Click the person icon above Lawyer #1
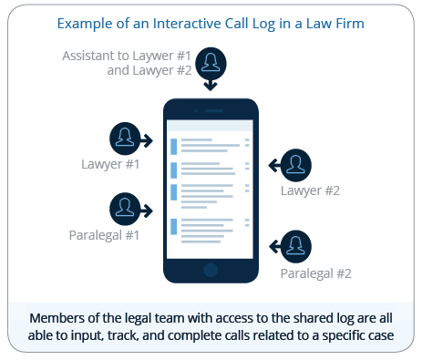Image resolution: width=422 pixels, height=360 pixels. click(x=126, y=139)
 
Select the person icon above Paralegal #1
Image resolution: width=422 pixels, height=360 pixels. click(x=126, y=208)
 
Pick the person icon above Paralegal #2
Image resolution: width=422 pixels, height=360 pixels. click(x=296, y=245)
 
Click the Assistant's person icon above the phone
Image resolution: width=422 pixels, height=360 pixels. click(x=211, y=63)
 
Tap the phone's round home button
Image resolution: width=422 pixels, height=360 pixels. click(x=211, y=270)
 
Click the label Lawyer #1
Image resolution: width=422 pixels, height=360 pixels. click(x=108, y=165)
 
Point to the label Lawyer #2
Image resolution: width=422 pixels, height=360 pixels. click(x=310, y=191)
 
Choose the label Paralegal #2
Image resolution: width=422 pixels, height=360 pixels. click(x=315, y=272)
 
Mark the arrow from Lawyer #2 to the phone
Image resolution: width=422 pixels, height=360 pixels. click(x=273, y=165)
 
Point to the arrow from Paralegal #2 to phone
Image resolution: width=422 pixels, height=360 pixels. click(x=273, y=245)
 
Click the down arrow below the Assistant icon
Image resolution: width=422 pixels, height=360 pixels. click(x=211, y=85)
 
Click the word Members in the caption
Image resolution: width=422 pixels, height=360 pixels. click(x=57, y=319)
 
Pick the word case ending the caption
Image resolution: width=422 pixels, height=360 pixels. click(x=376, y=337)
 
